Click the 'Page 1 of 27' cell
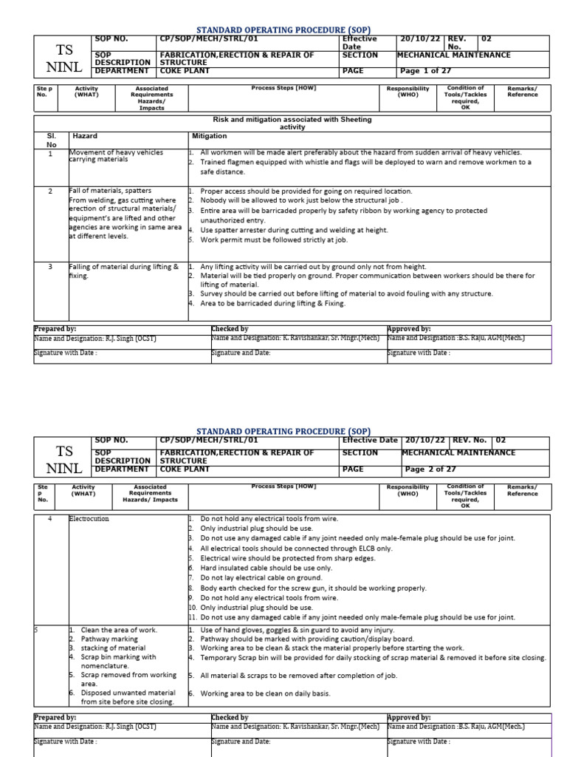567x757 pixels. (425, 72)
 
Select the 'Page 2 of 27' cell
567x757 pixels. (430, 469)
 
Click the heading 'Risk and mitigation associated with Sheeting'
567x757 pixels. (292, 119)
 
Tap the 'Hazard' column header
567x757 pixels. (84, 137)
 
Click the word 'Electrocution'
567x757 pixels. (89, 519)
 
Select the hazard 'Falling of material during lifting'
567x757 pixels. (123, 267)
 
